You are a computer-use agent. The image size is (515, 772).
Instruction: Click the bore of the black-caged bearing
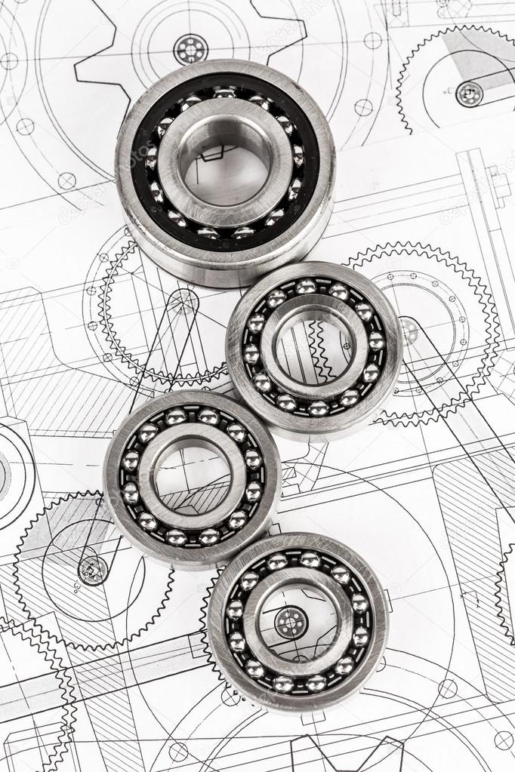(225, 171)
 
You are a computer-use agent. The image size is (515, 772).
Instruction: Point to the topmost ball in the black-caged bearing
(224, 92)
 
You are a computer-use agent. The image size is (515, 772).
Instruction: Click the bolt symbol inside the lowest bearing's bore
(291, 623)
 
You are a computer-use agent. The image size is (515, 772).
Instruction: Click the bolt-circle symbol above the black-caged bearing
(190, 49)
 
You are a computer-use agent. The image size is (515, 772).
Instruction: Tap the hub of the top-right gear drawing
(470, 94)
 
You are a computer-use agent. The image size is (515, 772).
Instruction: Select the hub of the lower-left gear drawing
(93, 571)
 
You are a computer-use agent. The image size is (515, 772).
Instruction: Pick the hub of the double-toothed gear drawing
(409, 331)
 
